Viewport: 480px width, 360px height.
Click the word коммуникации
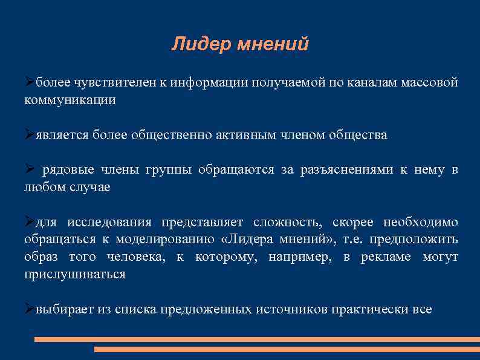pos(70,100)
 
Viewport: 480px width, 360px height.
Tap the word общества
pos(357,135)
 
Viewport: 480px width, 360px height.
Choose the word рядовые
pos(63,170)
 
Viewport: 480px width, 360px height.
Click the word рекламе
pos(386,257)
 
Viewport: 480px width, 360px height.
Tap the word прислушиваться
pos(74,275)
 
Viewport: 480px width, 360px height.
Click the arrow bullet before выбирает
pos(29,309)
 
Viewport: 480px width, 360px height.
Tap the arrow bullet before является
pos(29,134)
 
